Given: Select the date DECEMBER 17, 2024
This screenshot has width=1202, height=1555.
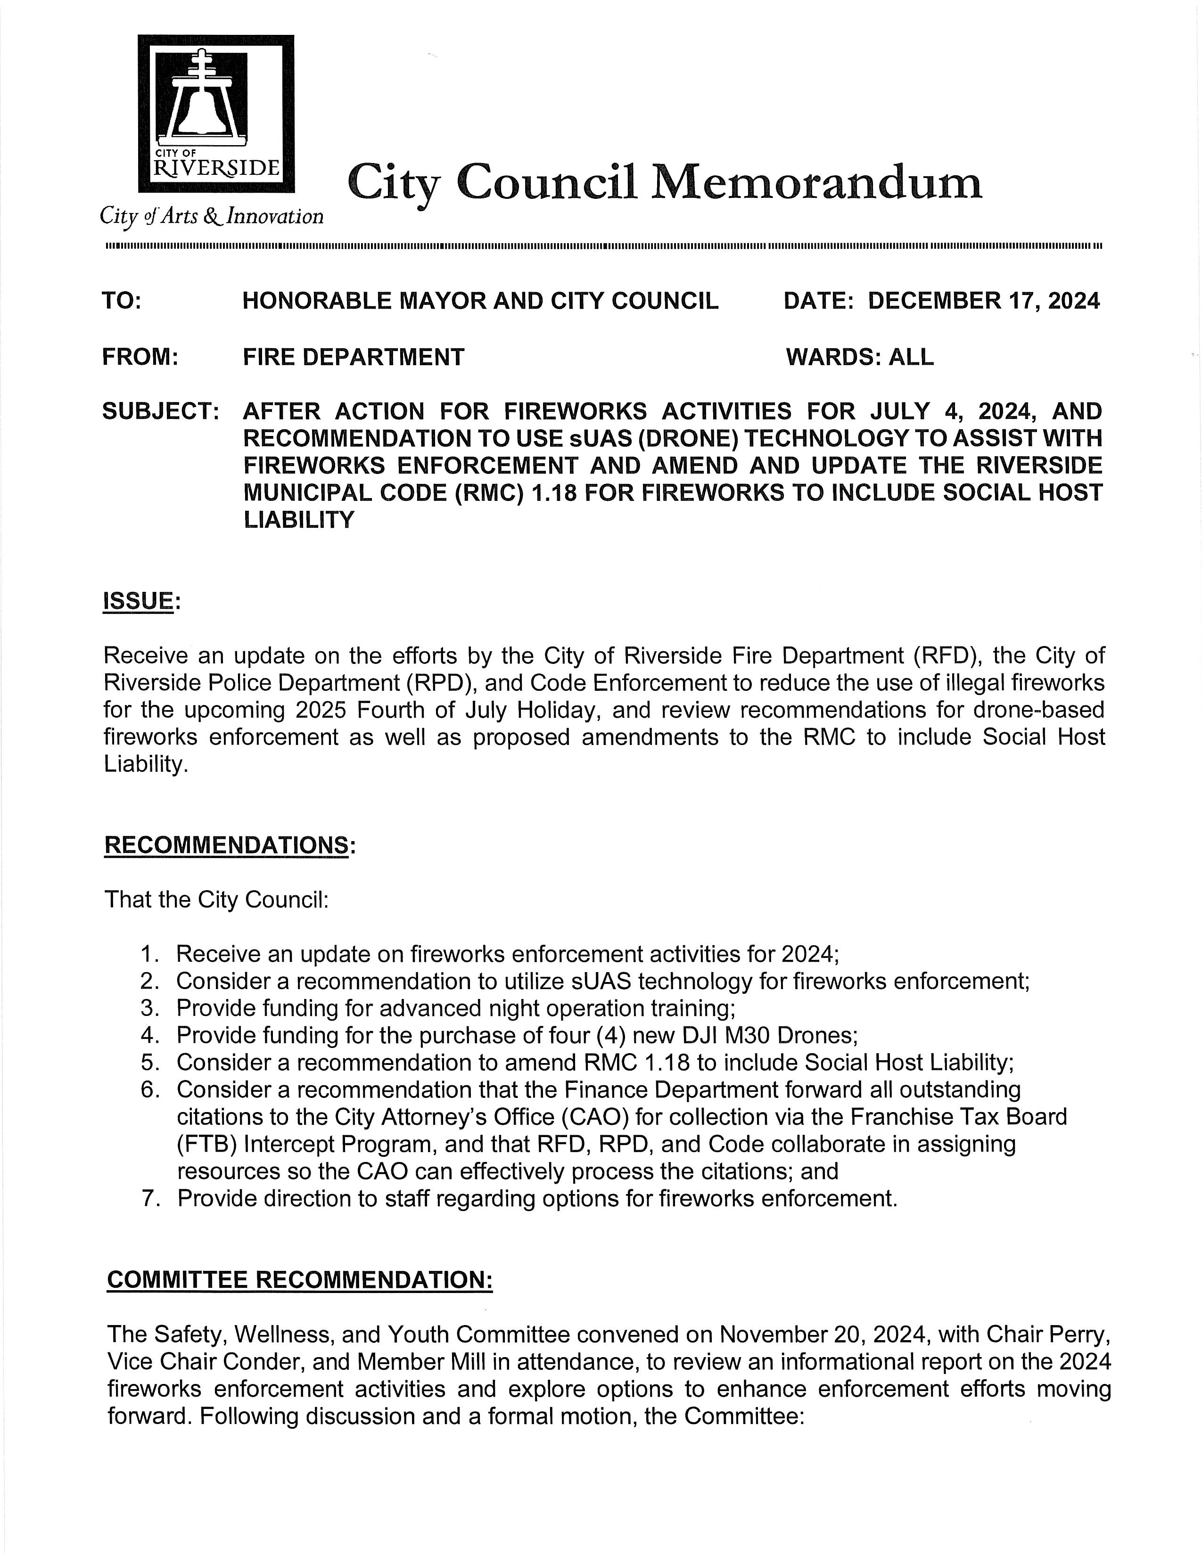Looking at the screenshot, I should click(983, 301).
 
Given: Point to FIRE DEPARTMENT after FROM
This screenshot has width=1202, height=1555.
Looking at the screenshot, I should click(353, 357).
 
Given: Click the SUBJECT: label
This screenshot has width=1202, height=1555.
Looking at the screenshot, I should click(160, 411).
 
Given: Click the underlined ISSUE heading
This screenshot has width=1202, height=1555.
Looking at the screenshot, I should click(139, 602).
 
